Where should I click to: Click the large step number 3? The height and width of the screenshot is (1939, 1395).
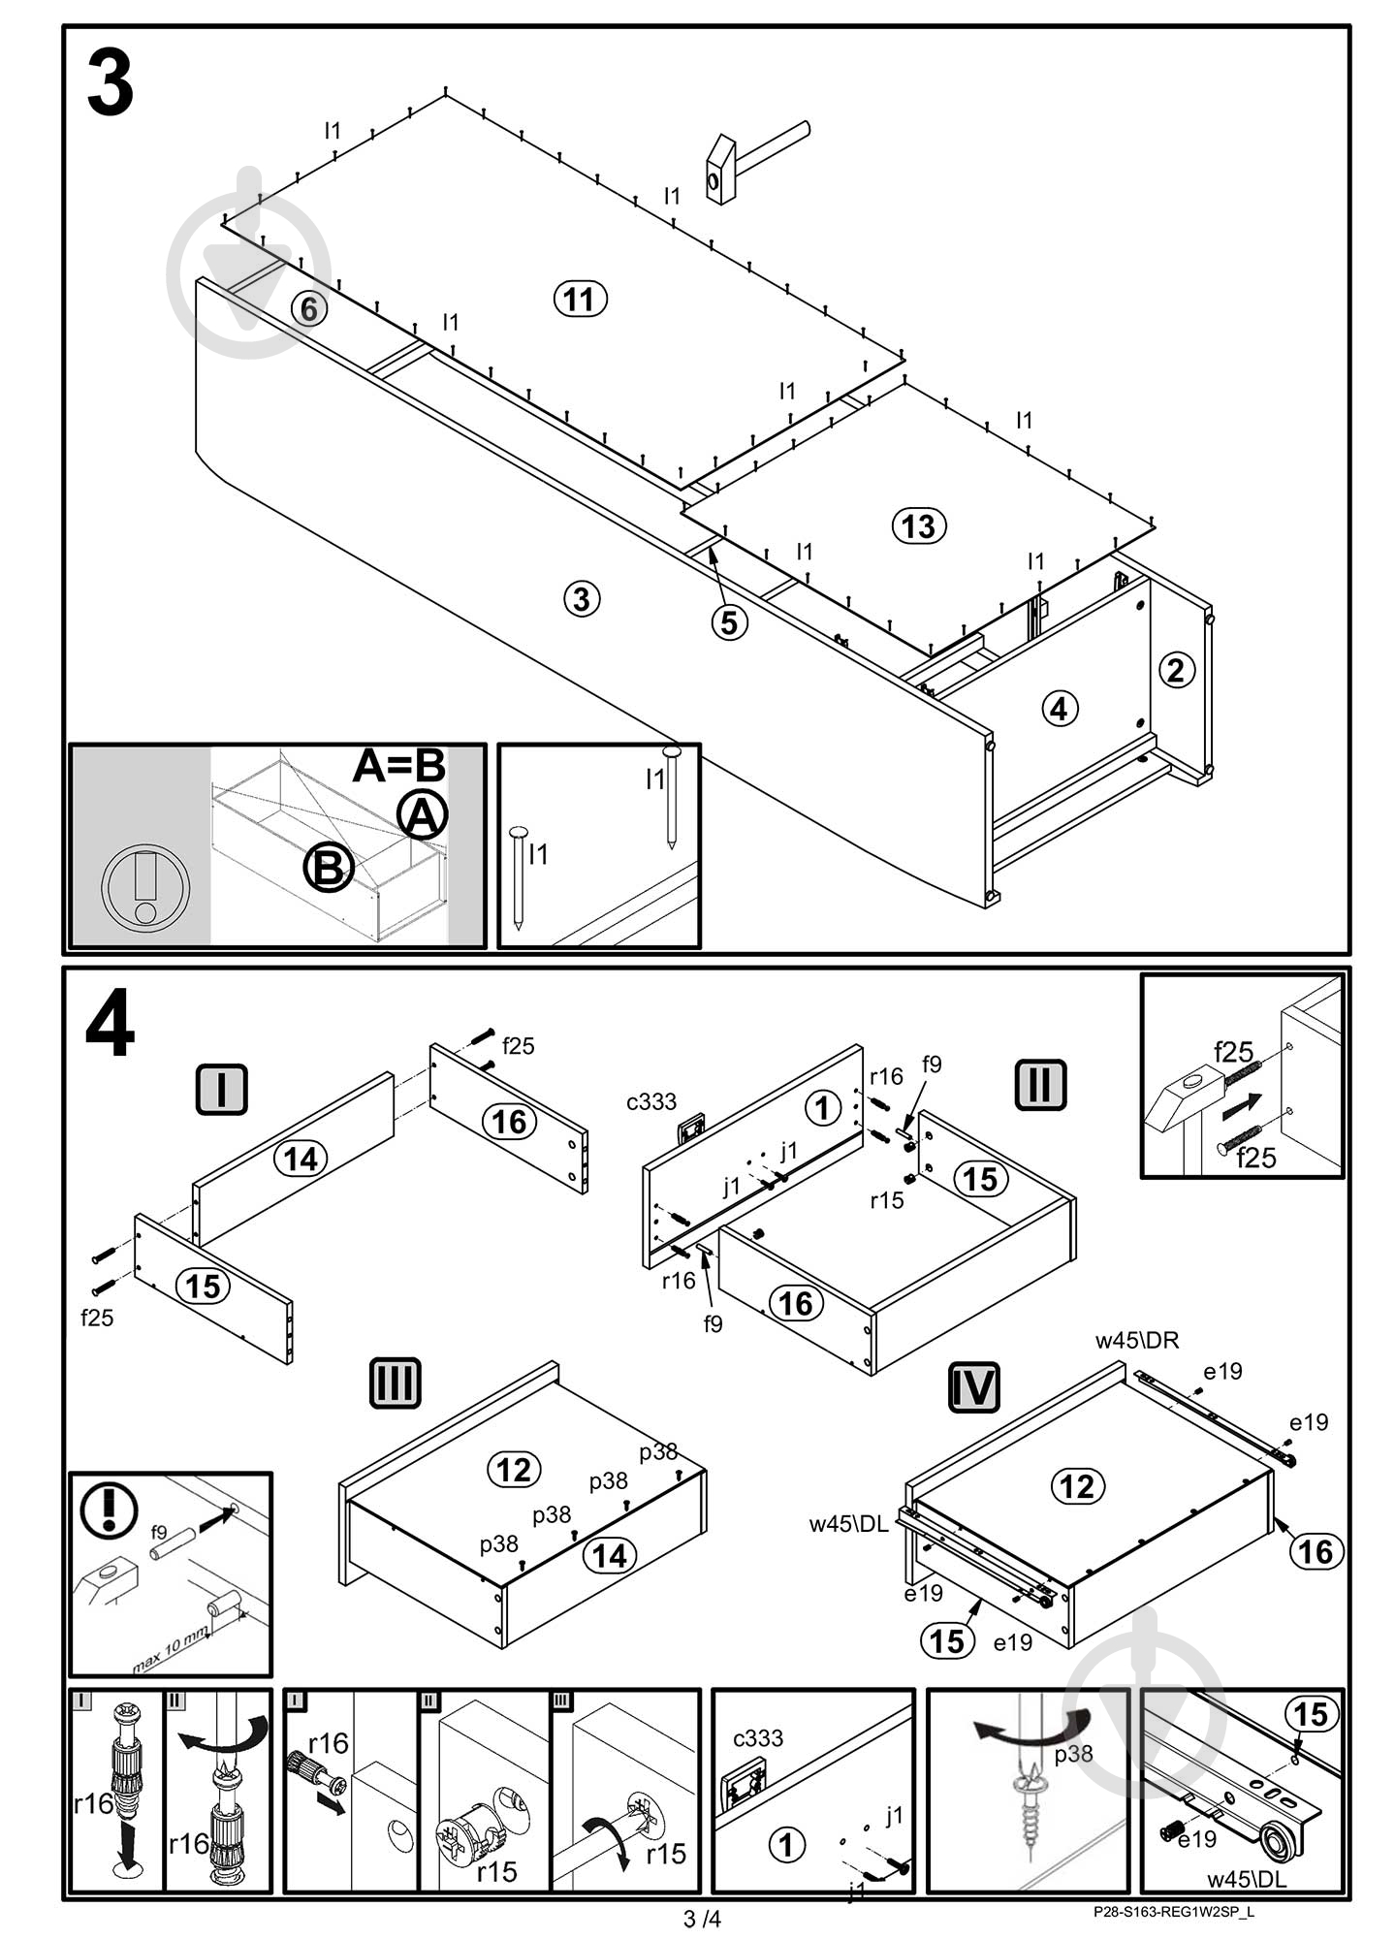(x=110, y=85)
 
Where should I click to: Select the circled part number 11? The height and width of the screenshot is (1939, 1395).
(x=580, y=299)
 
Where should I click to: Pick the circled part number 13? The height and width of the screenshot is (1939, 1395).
(x=918, y=526)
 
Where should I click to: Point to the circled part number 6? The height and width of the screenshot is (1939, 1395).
(x=308, y=309)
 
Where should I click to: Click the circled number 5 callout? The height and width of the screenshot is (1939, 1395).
(x=729, y=621)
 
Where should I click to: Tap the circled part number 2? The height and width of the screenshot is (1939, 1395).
(x=1176, y=670)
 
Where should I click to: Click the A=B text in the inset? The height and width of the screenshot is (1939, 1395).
(x=398, y=766)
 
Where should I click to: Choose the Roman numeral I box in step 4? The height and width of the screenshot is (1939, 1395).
(x=221, y=1089)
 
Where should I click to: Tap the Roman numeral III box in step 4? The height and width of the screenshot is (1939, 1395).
(x=395, y=1383)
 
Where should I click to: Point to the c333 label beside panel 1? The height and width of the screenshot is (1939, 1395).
(x=650, y=1101)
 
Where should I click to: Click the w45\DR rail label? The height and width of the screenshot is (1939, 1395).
(x=1137, y=1341)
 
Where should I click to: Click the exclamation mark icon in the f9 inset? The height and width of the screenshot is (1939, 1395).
(x=109, y=1511)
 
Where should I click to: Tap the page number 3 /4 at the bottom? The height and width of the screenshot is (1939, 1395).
(x=702, y=1919)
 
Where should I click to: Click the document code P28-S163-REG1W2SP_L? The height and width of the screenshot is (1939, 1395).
(x=1173, y=1913)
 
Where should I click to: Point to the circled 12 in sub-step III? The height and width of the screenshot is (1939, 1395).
(x=514, y=1469)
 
